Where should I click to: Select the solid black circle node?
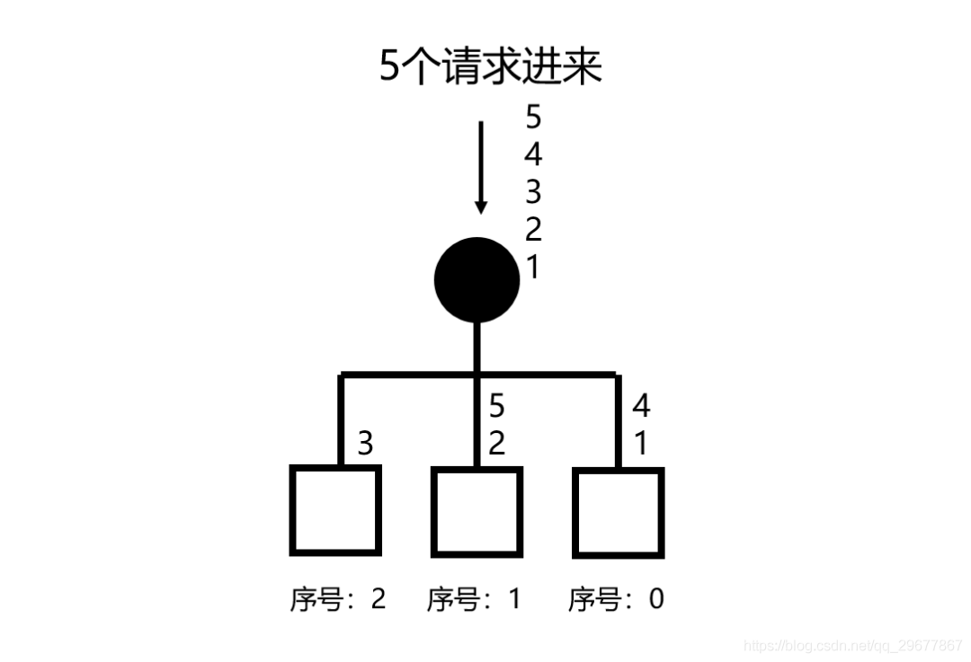point(477,279)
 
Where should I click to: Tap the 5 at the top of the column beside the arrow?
point(533,119)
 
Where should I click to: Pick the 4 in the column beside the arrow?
point(533,155)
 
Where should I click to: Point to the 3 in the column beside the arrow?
point(533,192)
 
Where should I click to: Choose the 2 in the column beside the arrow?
point(533,230)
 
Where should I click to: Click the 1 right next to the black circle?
point(533,267)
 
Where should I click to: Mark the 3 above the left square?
point(365,443)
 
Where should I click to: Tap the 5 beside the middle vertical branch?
point(496,406)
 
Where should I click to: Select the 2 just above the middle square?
point(496,443)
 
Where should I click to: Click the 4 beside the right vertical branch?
point(641,406)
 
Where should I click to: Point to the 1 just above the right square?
point(641,443)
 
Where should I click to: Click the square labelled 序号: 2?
point(335,510)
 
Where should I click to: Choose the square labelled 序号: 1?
point(477,511)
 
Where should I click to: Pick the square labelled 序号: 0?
point(618,512)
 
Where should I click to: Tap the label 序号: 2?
point(337,599)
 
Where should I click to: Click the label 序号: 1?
point(474,599)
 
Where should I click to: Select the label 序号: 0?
point(616,599)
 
